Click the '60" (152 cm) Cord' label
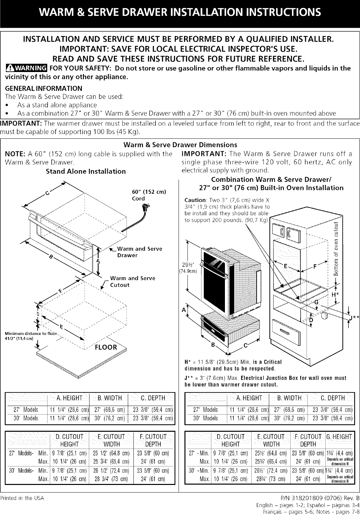point(147,195)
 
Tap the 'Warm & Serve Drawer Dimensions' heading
point(180,145)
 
